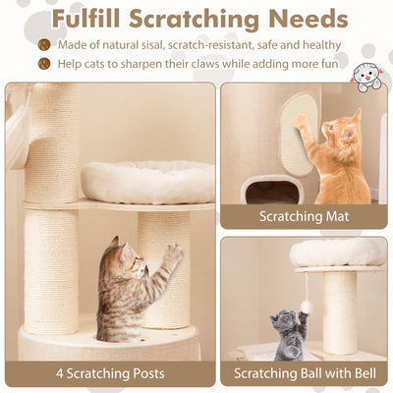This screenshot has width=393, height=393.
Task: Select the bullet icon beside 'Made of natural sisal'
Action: (x=44, y=45)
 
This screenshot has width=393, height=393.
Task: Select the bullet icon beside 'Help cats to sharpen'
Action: (x=44, y=64)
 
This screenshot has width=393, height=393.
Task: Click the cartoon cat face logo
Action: (x=368, y=77)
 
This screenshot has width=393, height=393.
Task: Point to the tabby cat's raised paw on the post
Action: (x=174, y=253)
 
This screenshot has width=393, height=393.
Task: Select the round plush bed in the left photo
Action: (x=147, y=181)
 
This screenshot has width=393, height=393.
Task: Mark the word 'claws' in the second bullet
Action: (x=218, y=64)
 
